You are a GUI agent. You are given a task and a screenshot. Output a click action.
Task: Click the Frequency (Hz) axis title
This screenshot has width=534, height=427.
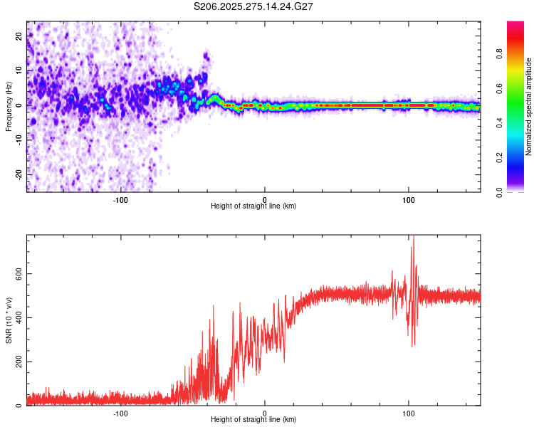9,106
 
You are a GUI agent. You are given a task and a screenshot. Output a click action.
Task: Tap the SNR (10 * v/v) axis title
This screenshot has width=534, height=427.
9,320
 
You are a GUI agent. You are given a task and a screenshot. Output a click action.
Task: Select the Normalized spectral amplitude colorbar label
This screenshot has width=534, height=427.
528,107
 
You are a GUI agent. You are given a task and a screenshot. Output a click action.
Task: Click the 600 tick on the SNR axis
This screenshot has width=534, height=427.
19,274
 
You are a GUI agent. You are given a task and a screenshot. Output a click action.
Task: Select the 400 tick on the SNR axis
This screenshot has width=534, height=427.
19,318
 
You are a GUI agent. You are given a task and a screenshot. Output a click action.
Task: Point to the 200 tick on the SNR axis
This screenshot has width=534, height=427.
19,362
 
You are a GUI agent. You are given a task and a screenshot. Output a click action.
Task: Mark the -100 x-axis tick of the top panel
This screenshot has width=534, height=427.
120,199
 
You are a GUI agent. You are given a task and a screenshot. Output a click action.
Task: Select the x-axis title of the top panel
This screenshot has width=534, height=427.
253,206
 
